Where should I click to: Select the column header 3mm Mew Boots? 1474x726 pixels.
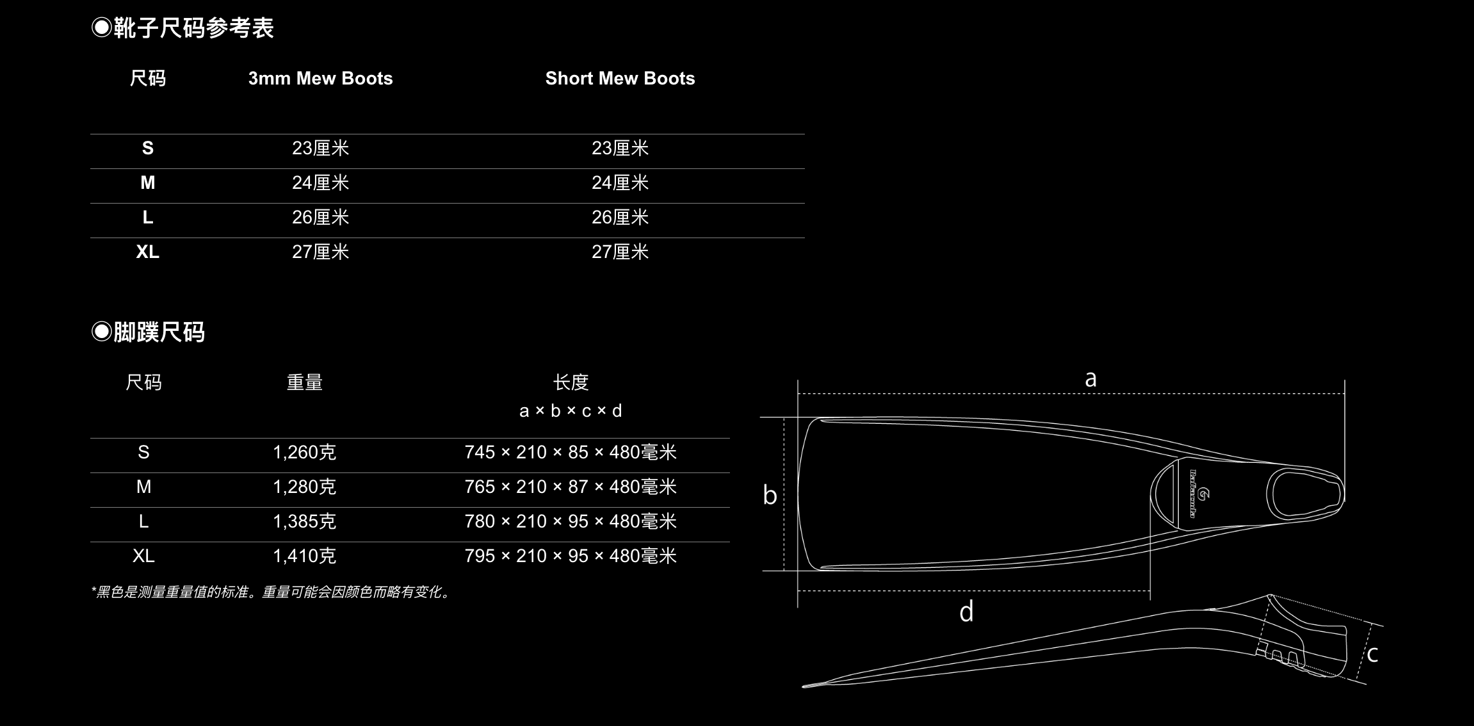pyautogui.click(x=320, y=78)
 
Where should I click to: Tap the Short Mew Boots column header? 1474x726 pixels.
pyautogui.click(x=620, y=78)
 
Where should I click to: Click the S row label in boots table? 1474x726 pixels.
pyautogui.click(x=148, y=148)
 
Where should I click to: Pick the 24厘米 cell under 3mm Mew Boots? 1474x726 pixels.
pyautogui.click(x=320, y=183)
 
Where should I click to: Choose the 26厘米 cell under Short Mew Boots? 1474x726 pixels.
pyautogui.click(x=620, y=218)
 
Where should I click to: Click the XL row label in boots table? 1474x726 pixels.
pyautogui.click(x=148, y=252)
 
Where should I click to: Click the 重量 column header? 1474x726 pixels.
pyautogui.click(x=305, y=382)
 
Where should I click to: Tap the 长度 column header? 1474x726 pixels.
pyautogui.click(x=571, y=382)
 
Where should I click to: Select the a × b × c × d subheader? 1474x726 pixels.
pyautogui.click(x=571, y=410)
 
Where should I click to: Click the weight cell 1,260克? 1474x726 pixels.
pyautogui.click(x=305, y=453)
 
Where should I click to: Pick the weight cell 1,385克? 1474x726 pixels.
pyautogui.click(x=305, y=522)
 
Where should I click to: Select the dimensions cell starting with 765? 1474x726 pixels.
pyautogui.click(x=571, y=487)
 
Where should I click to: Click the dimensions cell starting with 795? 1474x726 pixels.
pyautogui.click(x=571, y=556)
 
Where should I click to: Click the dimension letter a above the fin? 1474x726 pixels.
pyautogui.click(x=1090, y=379)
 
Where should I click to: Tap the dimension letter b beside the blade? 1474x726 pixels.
pyautogui.click(x=770, y=495)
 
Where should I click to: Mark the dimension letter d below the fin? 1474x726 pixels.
pyautogui.click(x=966, y=611)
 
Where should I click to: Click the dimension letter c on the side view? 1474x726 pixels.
pyautogui.click(x=1372, y=654)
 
